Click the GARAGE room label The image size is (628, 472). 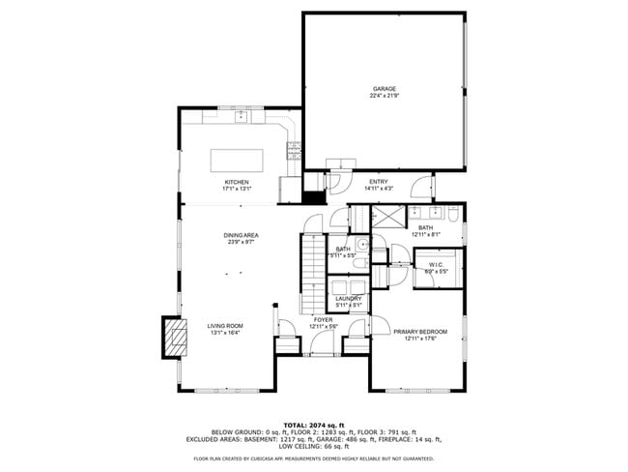coord(385,88)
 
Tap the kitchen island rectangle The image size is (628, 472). coord(238,159)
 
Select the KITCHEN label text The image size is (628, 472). coord(237,182)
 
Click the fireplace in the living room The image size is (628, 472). coord(175,339)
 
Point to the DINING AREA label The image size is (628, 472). coord(240,235)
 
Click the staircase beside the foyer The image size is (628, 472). coord(310,261)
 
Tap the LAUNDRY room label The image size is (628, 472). coord(348,298)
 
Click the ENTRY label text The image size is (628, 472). coord(378,181)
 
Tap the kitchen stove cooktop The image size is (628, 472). coord(293,150)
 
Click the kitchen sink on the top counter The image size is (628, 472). coord(242,117)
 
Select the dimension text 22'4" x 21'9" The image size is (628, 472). coord(385,95)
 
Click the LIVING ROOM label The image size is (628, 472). coord(224,326)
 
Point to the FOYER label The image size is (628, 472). coord(323,319)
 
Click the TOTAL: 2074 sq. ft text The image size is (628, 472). coord(313,425)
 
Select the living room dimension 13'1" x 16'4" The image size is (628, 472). coord(224,333)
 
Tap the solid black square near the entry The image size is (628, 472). coord(313,196)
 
